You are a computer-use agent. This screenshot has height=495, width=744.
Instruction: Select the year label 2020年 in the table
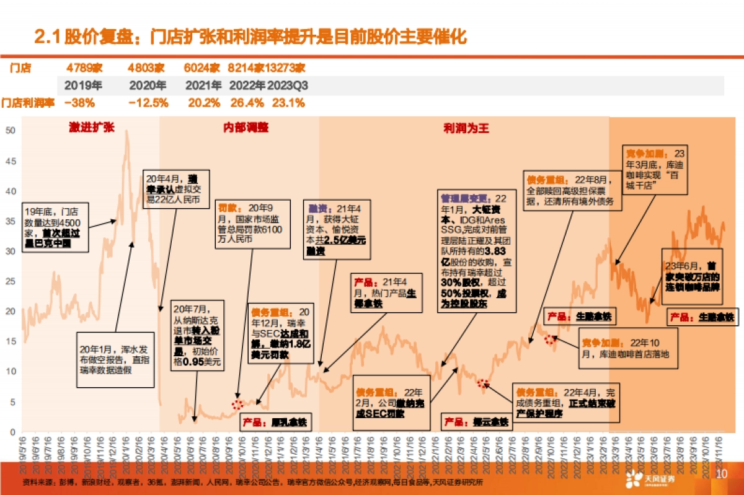(147, 85)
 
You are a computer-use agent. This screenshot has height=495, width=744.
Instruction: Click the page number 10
(721, 475)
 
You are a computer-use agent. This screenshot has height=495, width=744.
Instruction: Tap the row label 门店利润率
(28, 103)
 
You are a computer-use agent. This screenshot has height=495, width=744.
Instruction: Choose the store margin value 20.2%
(203, 103)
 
